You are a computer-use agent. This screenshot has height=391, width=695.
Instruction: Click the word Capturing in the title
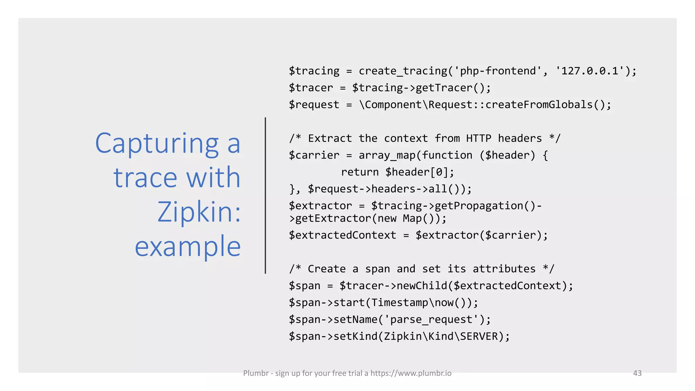(x=157, y=144)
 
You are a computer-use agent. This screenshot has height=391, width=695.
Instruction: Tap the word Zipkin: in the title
(x=199, y=212)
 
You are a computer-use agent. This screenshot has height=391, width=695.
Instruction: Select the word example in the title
(x=188, y=246)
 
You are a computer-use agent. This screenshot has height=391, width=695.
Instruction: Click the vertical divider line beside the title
(x=265, y=195)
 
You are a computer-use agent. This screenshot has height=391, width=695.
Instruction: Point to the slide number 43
(x=637, y=373)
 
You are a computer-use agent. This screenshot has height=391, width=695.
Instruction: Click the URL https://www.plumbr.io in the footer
(x=411, y=373)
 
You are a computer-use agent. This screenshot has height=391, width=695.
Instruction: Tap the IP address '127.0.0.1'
(x=589, y=71)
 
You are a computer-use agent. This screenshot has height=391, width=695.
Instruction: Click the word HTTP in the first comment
(x=478, y=138)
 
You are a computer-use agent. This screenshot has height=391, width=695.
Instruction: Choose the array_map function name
(x=387, y=155)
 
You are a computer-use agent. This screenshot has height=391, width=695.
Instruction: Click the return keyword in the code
(x=360, y=172)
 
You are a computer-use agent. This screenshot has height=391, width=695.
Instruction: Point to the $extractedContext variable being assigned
(x=342, y=235)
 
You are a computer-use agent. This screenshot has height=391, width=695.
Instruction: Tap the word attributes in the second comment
(x=504, y=269)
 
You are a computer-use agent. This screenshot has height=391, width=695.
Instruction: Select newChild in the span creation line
(x=422, y=286)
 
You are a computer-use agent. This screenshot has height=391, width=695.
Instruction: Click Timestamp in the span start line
(x=399, y=302)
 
